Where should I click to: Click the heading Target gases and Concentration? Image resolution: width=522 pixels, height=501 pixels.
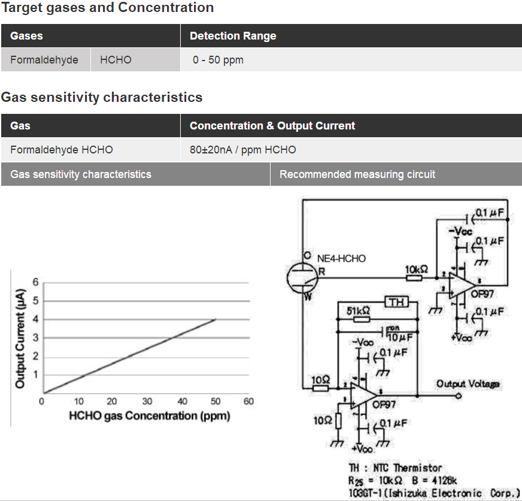click(x=107, y=8)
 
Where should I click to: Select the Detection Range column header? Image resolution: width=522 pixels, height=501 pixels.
click(x=233, y=36)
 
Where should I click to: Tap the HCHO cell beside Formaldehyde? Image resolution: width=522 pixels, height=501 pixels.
click(x=116, y=60)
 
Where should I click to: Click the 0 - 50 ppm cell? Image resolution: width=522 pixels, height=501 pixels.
click(x=218, y=60)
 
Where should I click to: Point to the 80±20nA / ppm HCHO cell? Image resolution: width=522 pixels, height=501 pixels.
click(x=242, y=150)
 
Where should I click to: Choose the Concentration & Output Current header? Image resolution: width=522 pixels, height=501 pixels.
click(x=272, y=126)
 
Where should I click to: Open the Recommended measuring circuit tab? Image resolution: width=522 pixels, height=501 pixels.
click(x=357, y=174)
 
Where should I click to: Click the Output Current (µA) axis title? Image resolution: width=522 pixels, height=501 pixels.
click(x=20, y=339)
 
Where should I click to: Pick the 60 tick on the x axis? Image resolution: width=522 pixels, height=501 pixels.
click(x=248, y=402)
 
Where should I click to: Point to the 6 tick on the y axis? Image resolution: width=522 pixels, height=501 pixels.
click(x=35, y=282)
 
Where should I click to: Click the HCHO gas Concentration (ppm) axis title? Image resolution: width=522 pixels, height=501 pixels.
click(x=150, y=415)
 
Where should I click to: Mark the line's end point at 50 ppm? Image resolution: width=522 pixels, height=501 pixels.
click(x=216, y=319)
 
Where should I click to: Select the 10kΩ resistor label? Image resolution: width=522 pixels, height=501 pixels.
click(x=417, y=270)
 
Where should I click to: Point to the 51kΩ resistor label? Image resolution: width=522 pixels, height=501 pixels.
click(x=358, y=311)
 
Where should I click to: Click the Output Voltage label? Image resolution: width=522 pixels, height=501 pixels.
click(x=468, y=384)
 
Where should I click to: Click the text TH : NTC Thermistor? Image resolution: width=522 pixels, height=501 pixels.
click(x=395, y=467)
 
